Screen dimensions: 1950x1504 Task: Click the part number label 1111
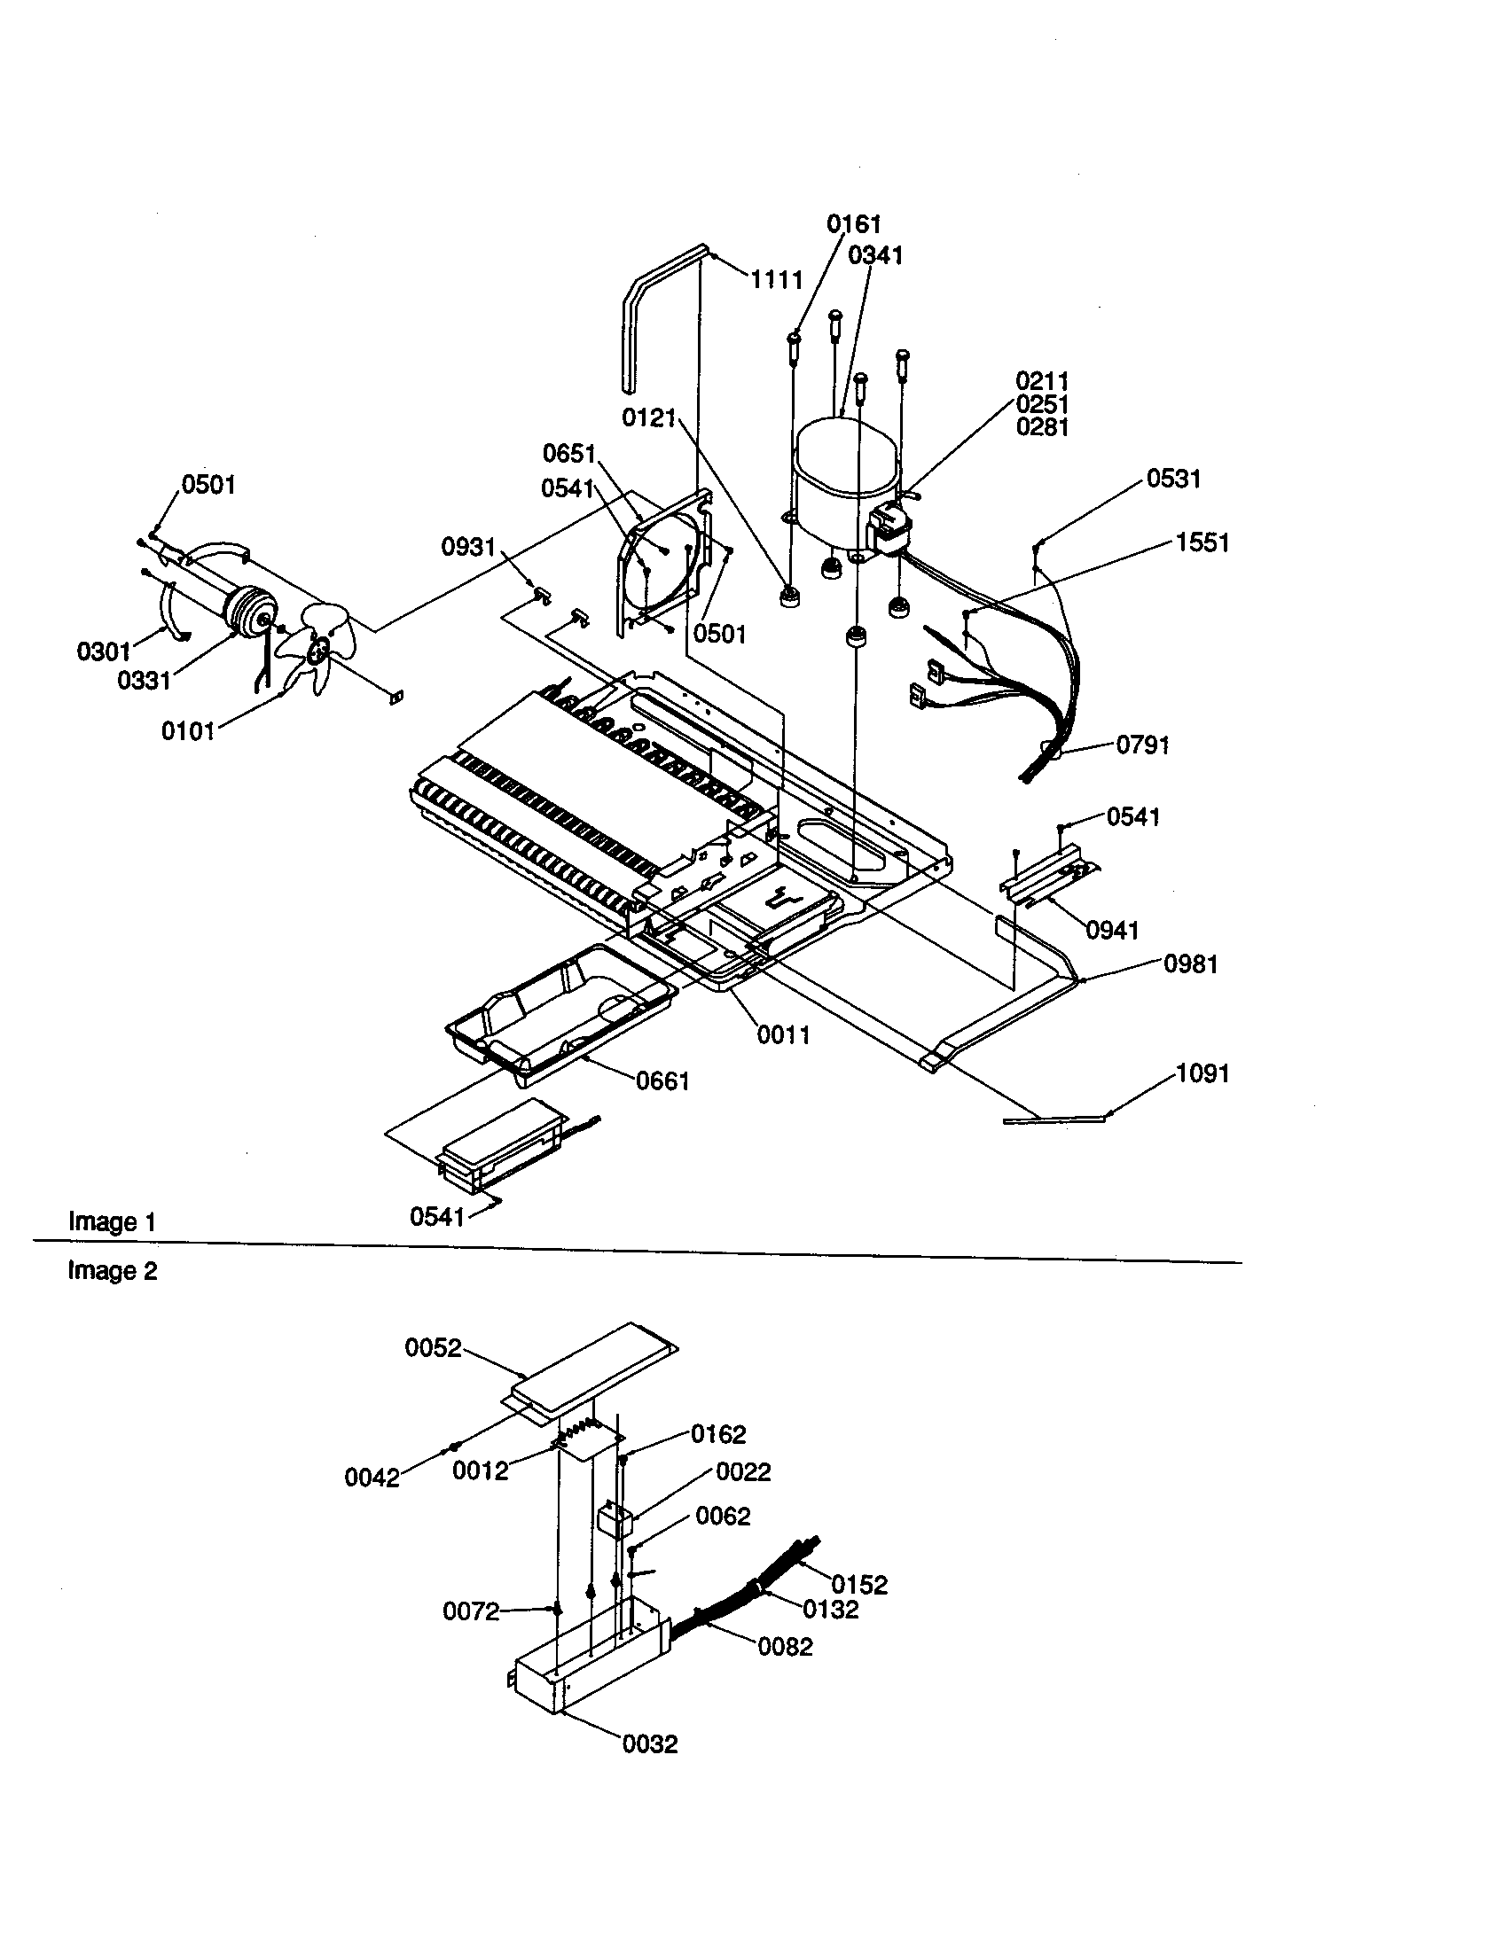click(x=776, y=280)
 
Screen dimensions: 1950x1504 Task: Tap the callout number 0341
click(x=875, y=256)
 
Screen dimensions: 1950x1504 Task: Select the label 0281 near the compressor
click(x=1042, y=428)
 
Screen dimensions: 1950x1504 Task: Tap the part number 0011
click(x=783, y=1034)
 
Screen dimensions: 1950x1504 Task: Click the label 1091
click(x=1203, y=1073)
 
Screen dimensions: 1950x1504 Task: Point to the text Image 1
click(x=113, y=1221)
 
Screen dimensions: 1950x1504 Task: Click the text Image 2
click(x=113, y=1270)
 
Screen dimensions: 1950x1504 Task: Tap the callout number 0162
click(x=718, y=1434)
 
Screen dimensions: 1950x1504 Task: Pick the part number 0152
click(x=859, y=1584)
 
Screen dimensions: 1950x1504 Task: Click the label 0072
click(x=471, y=1611)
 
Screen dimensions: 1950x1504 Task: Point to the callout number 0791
click(x=1142, y=745)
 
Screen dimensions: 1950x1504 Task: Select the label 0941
click(x=1112, y=931)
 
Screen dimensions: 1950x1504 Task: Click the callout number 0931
click(x=468, y=546)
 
